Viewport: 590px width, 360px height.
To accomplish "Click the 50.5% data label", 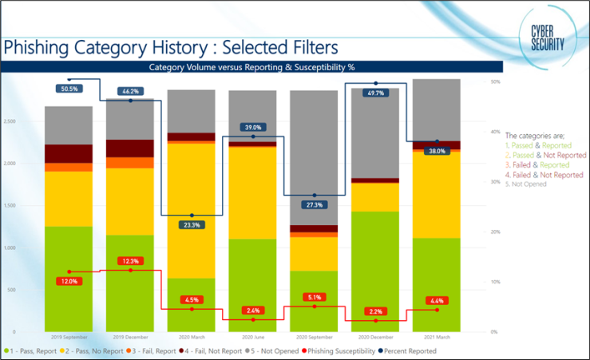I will tap(69, 89).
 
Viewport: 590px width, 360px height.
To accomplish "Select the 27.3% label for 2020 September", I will tap(314, 205).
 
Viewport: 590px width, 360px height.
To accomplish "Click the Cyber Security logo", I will tap(548, 37).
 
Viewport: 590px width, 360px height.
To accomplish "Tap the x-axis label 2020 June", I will tap(252, 337).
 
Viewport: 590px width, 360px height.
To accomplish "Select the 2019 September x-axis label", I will tap(69, 337).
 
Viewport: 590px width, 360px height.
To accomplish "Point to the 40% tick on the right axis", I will tap(495, 132).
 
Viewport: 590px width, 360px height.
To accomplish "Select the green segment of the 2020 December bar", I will tap(374, 271).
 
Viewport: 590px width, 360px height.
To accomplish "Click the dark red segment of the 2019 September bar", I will tap(69, 153).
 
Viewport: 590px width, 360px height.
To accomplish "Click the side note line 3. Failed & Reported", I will tap(537, 165).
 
